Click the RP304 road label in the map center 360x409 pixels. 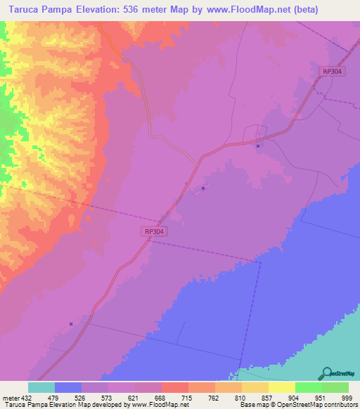coord(153,231)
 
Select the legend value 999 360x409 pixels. coord(345,398)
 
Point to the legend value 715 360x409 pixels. coord(188,398)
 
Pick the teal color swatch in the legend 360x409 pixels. coord(41,387)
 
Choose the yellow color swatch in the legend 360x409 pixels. coord(282,387)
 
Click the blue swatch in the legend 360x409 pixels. coord(68,387)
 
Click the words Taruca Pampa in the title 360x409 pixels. coord(39,10)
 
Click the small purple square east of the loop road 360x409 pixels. coord(258,146)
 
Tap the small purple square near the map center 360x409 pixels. coord(203,188)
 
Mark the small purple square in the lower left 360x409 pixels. coord(71,324)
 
